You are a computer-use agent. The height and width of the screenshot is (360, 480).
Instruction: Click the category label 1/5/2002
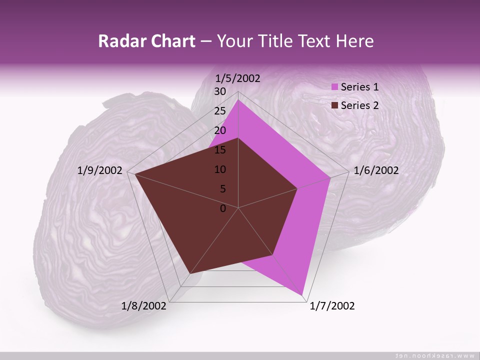[x=238, y=78]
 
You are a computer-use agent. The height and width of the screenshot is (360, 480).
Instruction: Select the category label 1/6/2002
[x=376, y=170]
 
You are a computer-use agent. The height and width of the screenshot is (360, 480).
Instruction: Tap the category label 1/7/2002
[x=332, y=306]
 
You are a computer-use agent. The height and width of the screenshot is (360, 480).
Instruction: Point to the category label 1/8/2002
[x=144, y=306]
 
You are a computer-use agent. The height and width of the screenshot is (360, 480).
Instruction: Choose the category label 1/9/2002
[x=100, y=170]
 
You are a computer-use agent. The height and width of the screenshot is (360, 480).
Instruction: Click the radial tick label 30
[x=220, y=91]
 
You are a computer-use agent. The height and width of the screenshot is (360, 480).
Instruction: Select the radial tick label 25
[x=220, y=111]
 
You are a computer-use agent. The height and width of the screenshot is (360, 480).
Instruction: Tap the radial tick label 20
[x=220, y=130]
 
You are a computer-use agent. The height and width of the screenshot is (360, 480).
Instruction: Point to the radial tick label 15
[x=220, y=150]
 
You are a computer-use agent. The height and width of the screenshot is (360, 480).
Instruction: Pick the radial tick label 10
[x=220, y=169]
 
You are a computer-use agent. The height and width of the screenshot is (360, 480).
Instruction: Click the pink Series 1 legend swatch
[x=335, y=87]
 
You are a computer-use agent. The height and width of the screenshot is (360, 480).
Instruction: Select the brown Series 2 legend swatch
[x=335, y=105]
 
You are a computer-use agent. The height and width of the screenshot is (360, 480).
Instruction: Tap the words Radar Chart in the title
[x=146, y=41]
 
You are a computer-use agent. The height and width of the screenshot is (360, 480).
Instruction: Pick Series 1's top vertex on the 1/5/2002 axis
[x=238, y=99]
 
